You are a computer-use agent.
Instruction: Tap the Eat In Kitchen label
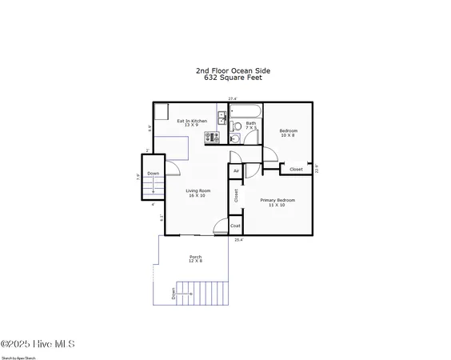191,122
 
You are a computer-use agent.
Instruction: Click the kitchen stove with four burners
212,138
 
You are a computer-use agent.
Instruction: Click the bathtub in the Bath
245,110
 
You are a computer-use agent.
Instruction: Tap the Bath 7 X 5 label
250,125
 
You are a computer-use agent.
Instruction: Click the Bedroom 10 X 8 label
288,133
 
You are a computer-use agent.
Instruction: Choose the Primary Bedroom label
277,202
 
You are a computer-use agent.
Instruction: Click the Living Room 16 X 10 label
198,193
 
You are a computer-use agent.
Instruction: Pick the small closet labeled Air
236,171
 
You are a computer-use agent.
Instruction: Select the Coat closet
236,226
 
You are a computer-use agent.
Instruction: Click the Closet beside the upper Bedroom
296,169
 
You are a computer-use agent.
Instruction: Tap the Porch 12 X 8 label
195,258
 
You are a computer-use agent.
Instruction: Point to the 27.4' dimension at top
232,98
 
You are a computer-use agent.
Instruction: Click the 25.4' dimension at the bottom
237,240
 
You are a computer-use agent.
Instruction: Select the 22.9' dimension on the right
317,168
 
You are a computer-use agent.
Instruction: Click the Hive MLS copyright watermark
38,344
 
